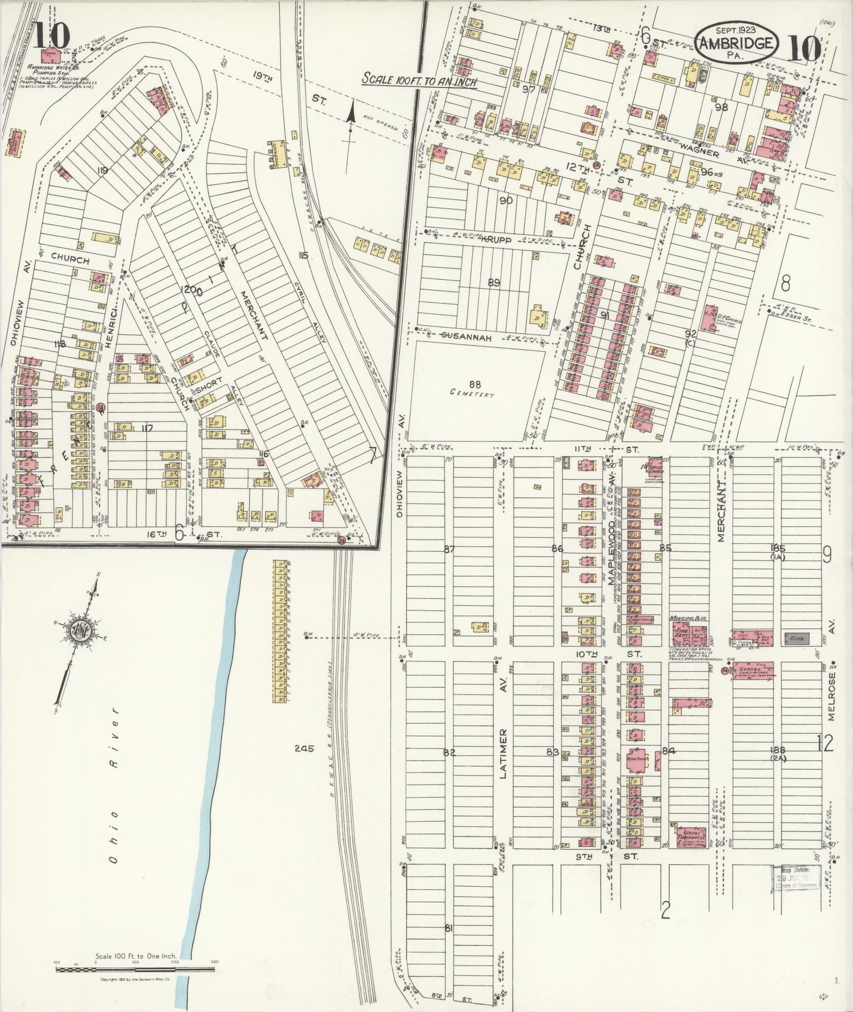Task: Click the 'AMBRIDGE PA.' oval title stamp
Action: pos(736,43)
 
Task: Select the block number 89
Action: pos(494,283)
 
